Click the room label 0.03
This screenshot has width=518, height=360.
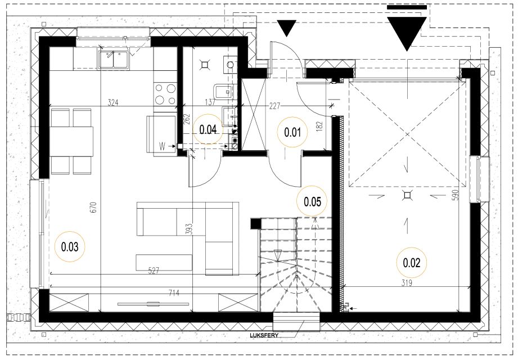pos(70,247)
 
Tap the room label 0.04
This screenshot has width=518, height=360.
pos(208,129)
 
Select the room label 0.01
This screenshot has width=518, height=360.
pos(292,132)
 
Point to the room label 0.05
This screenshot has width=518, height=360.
pos(312,201)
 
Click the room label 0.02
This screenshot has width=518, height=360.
pos(412,263)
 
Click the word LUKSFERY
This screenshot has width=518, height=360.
pos(264,335)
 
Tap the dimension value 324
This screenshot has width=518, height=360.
pos(113,103)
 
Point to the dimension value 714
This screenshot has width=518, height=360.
pos(174,292)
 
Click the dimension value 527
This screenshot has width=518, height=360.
pos(154,271)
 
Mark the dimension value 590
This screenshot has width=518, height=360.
pos(456,195)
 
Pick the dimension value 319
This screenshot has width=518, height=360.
pos(407,283)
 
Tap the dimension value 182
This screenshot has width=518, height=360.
pos(319,126)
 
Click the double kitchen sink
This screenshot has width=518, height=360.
pos(113,60)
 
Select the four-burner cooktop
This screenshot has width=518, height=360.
pos(165,94)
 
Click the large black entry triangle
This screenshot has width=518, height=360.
pos(407,34)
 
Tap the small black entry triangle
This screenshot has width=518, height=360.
pos(286,28)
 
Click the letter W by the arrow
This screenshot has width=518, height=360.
pos(162,146)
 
